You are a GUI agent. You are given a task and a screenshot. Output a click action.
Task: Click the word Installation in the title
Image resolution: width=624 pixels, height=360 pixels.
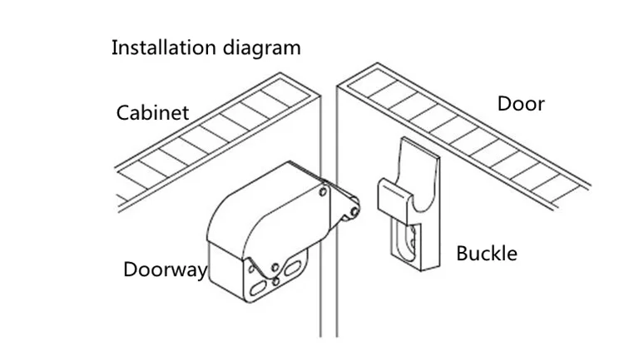[x=164, y=47]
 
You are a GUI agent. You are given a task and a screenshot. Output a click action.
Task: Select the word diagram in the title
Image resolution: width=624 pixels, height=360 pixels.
[x=261, y=48]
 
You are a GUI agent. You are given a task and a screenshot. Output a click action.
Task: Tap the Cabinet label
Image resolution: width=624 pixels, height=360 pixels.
[x=152, y=112]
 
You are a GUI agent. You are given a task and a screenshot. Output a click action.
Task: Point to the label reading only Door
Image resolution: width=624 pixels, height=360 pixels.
[x=521, y=104]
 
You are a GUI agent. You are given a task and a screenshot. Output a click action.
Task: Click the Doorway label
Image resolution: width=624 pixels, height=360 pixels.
[x=166, y=270]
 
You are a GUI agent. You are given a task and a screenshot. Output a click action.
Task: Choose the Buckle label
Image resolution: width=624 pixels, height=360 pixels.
[x=487, y=254]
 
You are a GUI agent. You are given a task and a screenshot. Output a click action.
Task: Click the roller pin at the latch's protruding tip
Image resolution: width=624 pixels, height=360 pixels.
[x=354, y=211]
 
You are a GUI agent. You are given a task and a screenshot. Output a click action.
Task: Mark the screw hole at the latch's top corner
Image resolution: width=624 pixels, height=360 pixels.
[x=323, y=193]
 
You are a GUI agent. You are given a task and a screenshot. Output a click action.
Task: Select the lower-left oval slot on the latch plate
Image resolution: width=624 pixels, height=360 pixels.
[x=258, y=288]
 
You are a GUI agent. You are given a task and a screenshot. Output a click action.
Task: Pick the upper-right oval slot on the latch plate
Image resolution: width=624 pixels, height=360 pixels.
[x=293, y=268]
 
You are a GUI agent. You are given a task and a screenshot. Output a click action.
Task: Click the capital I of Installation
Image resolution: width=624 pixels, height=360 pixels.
[x=113, y=47]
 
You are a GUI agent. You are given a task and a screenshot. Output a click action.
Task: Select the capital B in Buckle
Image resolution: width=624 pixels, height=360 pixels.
[x=462, y=254]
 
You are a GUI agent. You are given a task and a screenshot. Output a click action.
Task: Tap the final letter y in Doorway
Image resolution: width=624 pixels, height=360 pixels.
[x=202, y=273]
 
